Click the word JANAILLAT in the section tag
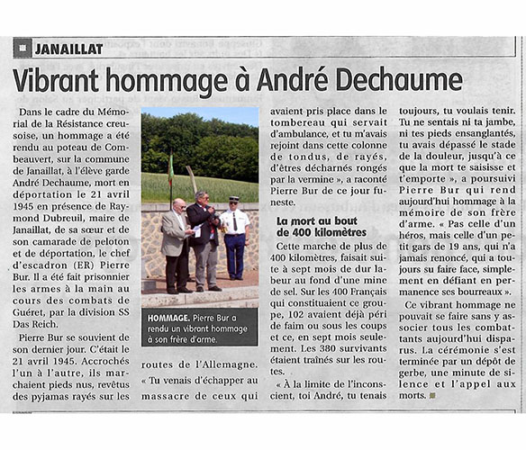coord(68,49)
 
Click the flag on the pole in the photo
coord(170,169)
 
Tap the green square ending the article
coord(432,395)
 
